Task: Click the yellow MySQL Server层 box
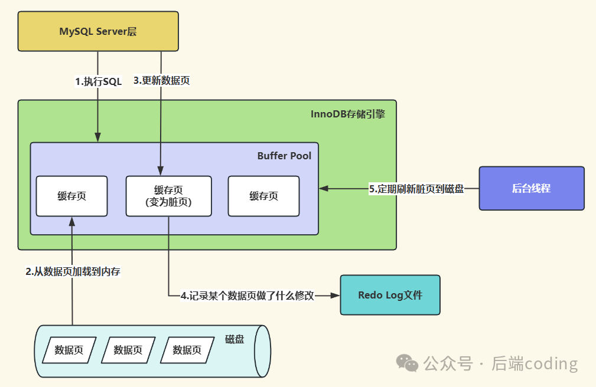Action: point(97,31)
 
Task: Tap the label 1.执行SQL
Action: point(98,82)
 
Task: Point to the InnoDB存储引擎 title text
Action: point(347,114)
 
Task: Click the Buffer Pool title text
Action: point(284,156)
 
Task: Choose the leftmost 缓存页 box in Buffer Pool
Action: point(71,196)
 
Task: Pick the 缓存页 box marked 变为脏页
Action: point(168,196)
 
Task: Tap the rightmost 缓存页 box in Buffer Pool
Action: point(263,196)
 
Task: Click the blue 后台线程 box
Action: point(531,188)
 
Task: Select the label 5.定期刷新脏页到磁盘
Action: point(416,189)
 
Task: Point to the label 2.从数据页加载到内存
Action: point(73,271)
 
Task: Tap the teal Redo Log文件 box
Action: point(390,295)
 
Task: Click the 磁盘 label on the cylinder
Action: point(235,340)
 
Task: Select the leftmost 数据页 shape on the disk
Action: point(69,350)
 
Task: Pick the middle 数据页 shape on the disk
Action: point(128,350)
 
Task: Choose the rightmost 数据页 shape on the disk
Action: point(187,350)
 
